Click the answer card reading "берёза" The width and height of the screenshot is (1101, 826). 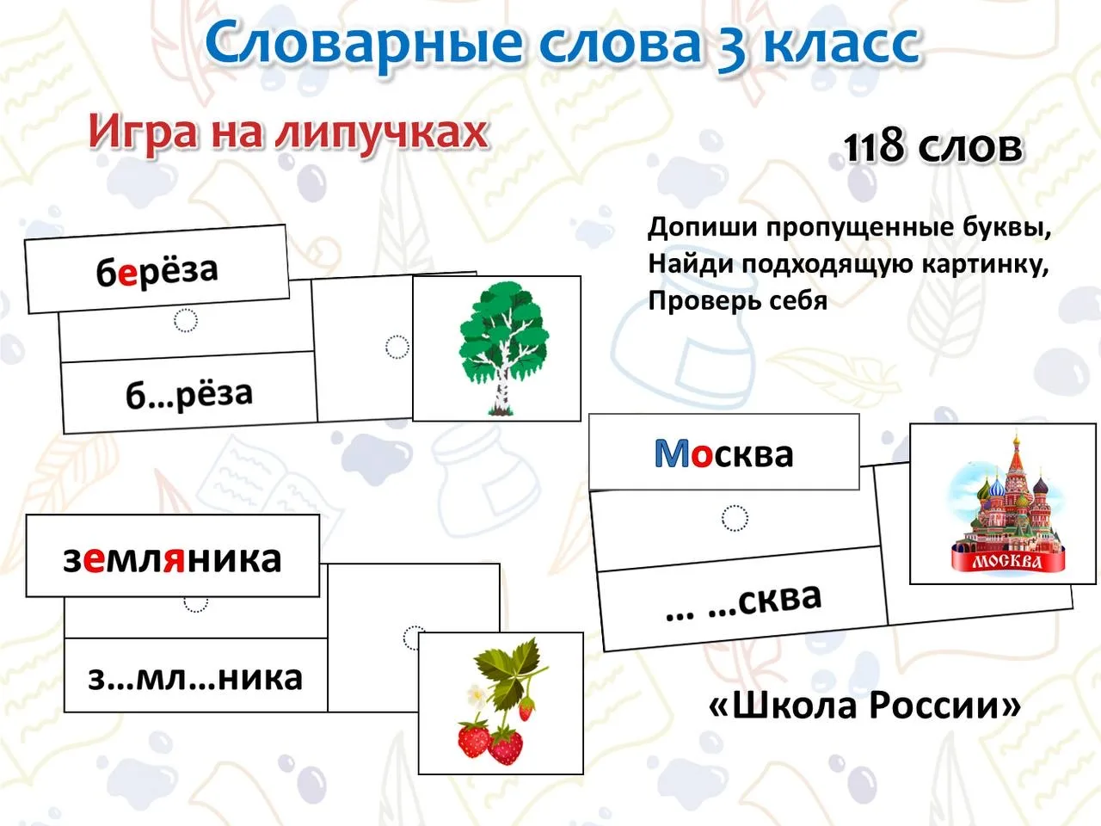(157, 268)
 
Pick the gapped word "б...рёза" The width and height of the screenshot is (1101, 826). (189, 394)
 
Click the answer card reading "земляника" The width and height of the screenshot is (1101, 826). (173, 556)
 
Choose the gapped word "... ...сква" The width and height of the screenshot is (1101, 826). (743, 601)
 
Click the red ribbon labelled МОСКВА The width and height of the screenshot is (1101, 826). (1007, 559)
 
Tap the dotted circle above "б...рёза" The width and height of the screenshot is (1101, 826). (186, 320)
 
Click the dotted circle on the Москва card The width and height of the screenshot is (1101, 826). (735, 518)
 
